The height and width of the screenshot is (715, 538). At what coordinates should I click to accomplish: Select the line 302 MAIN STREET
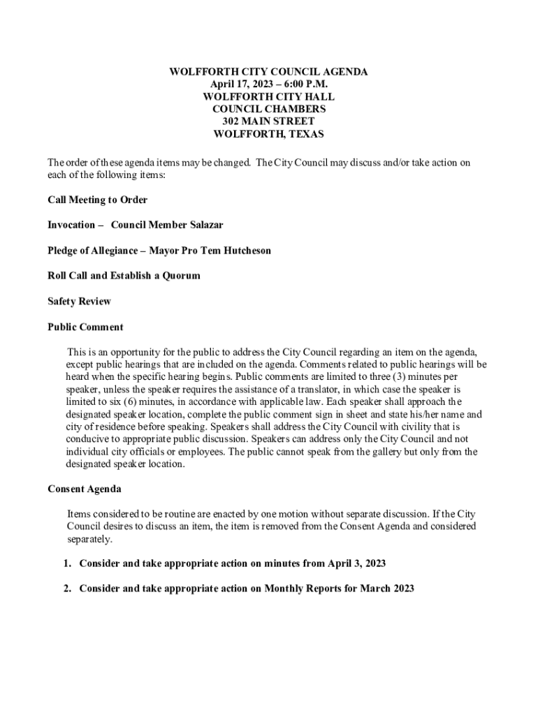tap(269, 121)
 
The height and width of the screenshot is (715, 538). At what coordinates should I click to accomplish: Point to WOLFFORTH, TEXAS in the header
tap(269, 134)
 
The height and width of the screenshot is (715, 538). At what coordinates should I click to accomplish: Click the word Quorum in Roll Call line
tap(178, 276)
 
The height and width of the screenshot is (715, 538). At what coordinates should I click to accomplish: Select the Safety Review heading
tap(79, 302)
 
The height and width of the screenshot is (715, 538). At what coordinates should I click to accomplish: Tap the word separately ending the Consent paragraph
tap(89, 540)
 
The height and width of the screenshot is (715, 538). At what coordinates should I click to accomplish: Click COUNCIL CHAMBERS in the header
tap(269, 109)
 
